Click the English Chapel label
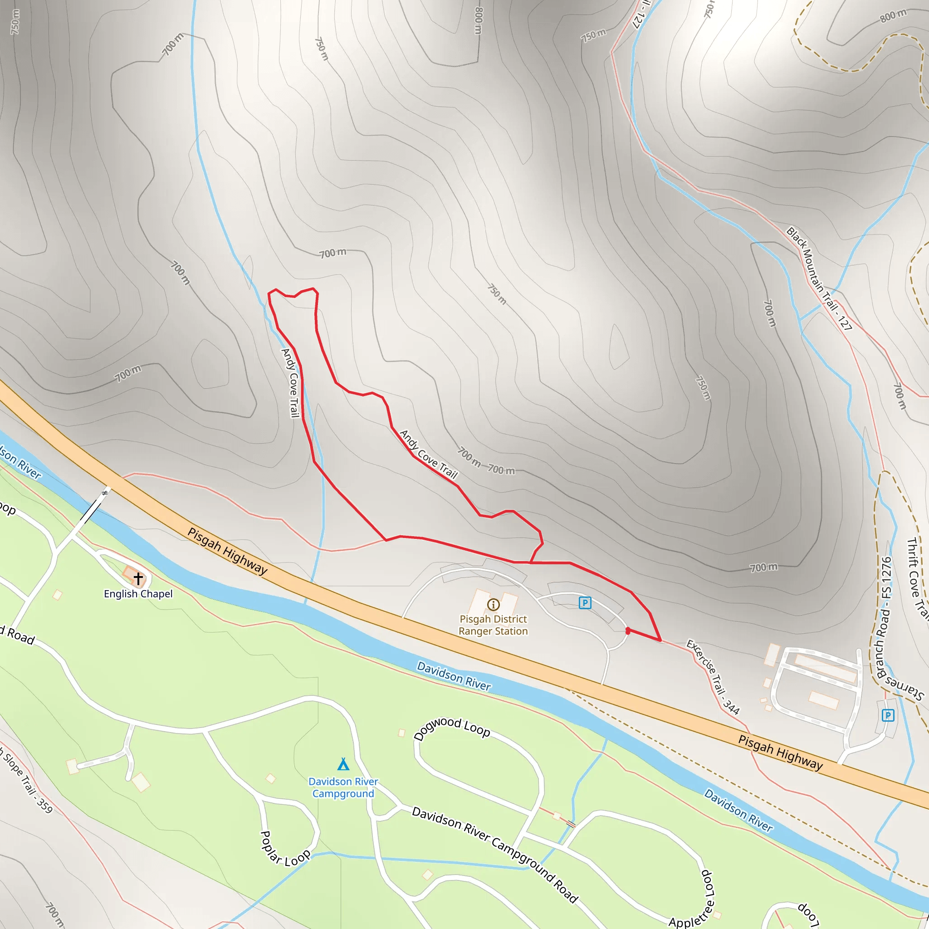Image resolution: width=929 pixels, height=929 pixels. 138,594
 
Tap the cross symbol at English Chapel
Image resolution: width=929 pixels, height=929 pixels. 138,578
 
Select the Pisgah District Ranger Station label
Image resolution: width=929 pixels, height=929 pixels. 493,625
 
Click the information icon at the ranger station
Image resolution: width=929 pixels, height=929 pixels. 494,604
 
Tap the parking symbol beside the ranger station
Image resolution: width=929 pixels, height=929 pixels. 585,602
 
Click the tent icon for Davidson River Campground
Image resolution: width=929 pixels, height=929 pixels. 343,764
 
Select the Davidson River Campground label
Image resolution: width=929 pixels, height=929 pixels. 343,787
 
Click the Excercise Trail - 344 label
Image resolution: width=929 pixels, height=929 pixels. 713,676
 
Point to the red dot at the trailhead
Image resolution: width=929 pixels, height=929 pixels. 627,631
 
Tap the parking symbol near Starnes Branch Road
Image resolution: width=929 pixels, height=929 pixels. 888,715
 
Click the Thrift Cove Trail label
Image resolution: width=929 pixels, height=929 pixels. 916,577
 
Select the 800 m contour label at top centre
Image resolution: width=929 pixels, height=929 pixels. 478,20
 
